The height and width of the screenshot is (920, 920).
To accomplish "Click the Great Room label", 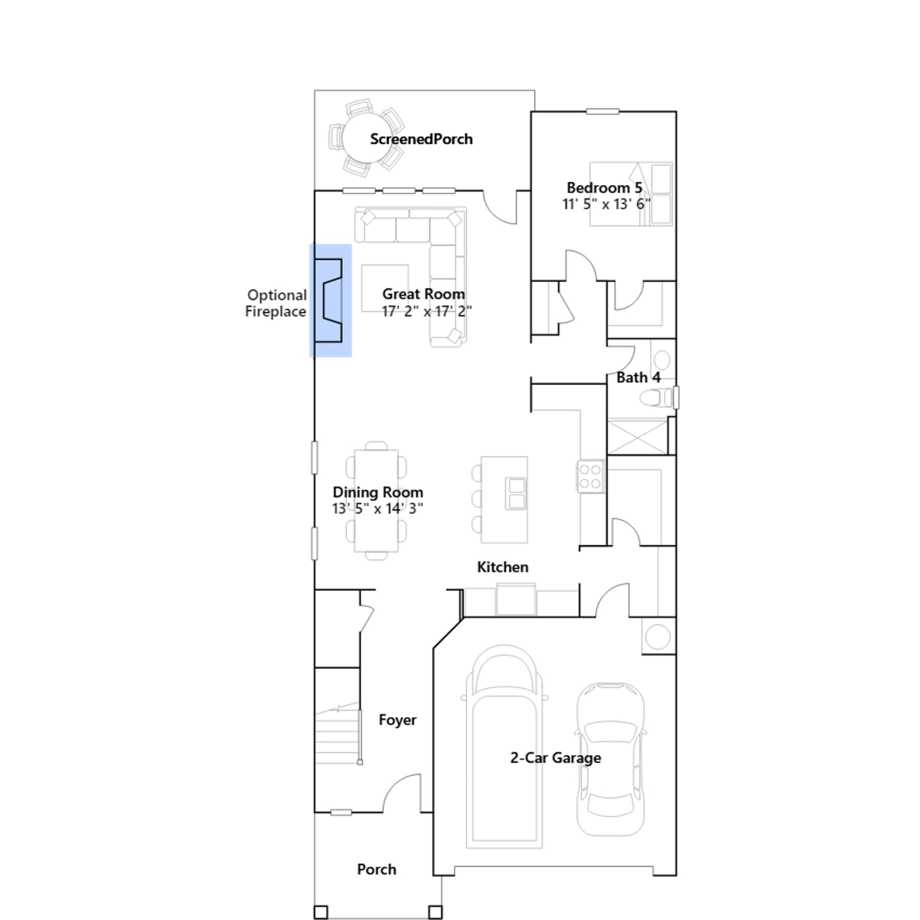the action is [x=423, y=294].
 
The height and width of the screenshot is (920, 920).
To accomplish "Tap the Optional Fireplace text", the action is [x=276, y=303].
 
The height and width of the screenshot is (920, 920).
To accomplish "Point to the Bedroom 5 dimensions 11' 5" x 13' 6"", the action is [x=606, y=204].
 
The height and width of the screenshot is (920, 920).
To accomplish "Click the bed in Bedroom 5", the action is [x=631, y=194].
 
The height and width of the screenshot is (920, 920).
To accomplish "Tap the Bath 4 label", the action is [x=638, y=378].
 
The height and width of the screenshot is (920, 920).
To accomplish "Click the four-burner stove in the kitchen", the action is [x=591, y=476].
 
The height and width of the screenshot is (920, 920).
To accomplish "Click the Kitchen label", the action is [x=503, y=567].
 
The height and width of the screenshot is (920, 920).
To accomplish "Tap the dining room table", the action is [x=376, y=501].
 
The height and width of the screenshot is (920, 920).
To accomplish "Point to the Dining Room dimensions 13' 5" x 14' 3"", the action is [x=378, y=509].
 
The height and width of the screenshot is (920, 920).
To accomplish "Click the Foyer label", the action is [x=397, y=720].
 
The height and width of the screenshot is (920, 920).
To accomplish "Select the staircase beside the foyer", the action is [x=338, y=736].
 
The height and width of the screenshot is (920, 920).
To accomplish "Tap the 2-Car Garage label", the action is [x=555, y=758].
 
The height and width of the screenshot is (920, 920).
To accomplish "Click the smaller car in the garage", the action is [x=610, y=759].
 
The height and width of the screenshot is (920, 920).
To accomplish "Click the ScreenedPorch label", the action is [x=421, y=139].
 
